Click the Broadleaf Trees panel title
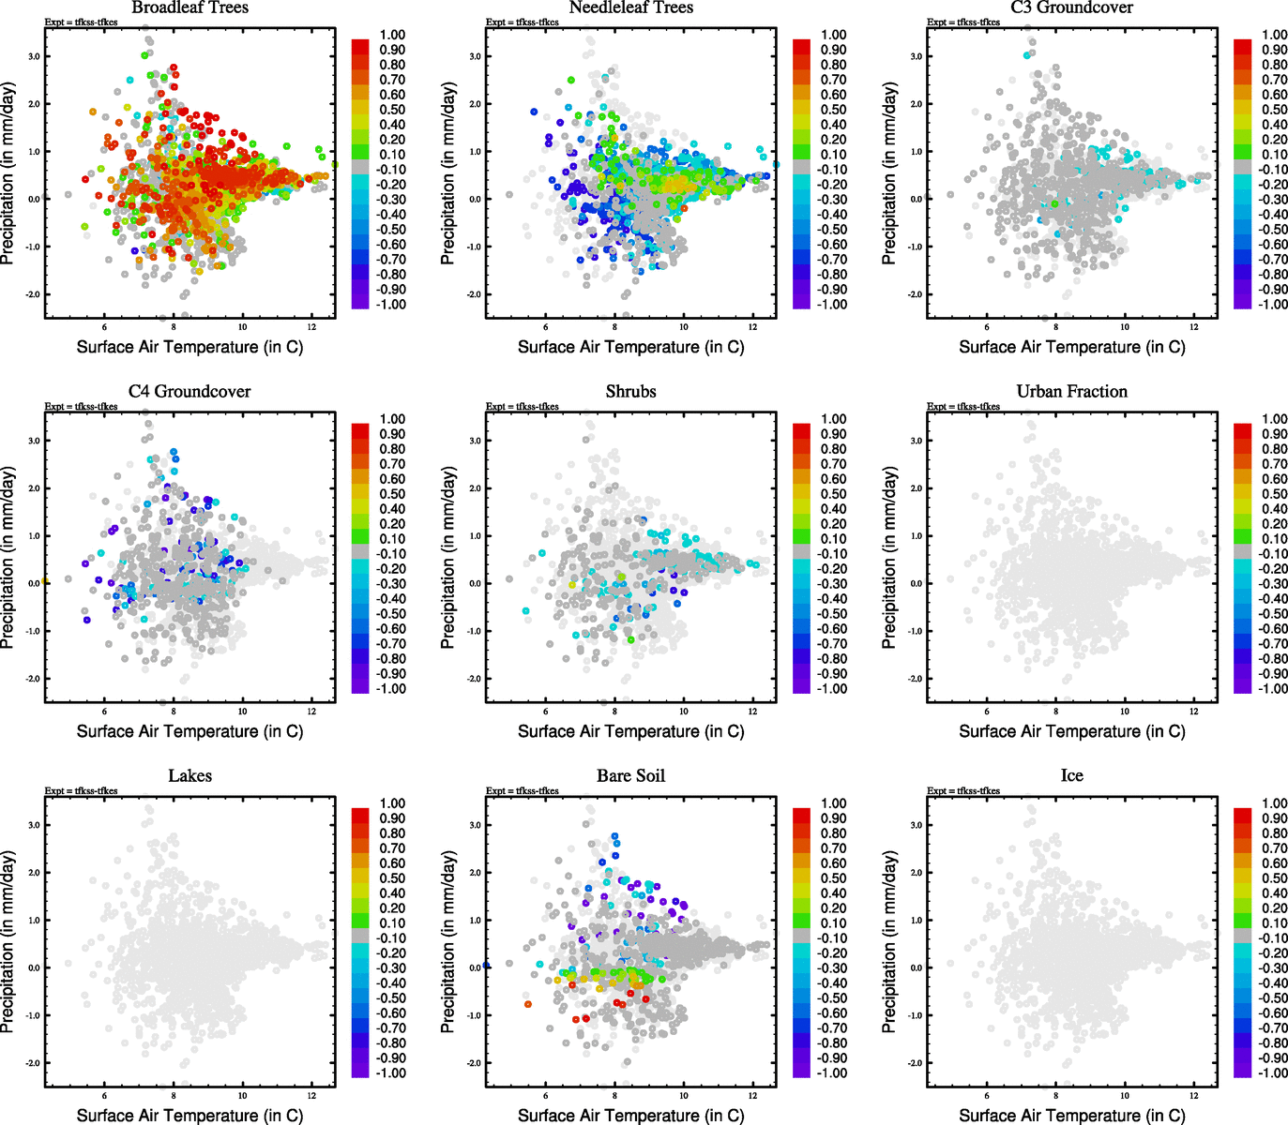(189, 7)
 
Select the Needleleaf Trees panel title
(630, 7)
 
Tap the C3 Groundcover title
(1071, 7)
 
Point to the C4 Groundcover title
(189, 391)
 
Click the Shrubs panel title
(630, 391)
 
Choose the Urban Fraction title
(1071, 391)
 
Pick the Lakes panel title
(189, 775)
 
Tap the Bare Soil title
(630, 775)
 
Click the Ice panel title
(1071, 775)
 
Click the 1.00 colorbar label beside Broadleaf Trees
(392, 35)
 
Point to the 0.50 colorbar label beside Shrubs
(833, 494)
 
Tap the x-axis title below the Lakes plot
(189, 1115)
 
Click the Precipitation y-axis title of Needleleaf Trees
(448, 173)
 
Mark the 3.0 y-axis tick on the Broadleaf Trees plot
(34, 56)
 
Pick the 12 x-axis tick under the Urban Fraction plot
(1193, 712)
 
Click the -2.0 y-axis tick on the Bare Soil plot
(474, 1063)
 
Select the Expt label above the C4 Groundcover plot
(81, 406)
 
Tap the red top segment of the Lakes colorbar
(360, 814)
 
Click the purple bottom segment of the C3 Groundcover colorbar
(1242, 302)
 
